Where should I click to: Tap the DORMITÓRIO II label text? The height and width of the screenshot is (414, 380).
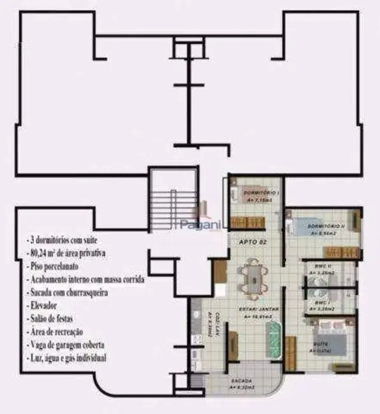(x=325, y=227)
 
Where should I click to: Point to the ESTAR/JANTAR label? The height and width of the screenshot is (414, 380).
(x=257, y=309)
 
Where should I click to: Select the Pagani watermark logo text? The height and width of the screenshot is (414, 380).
(x=198, y=224)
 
